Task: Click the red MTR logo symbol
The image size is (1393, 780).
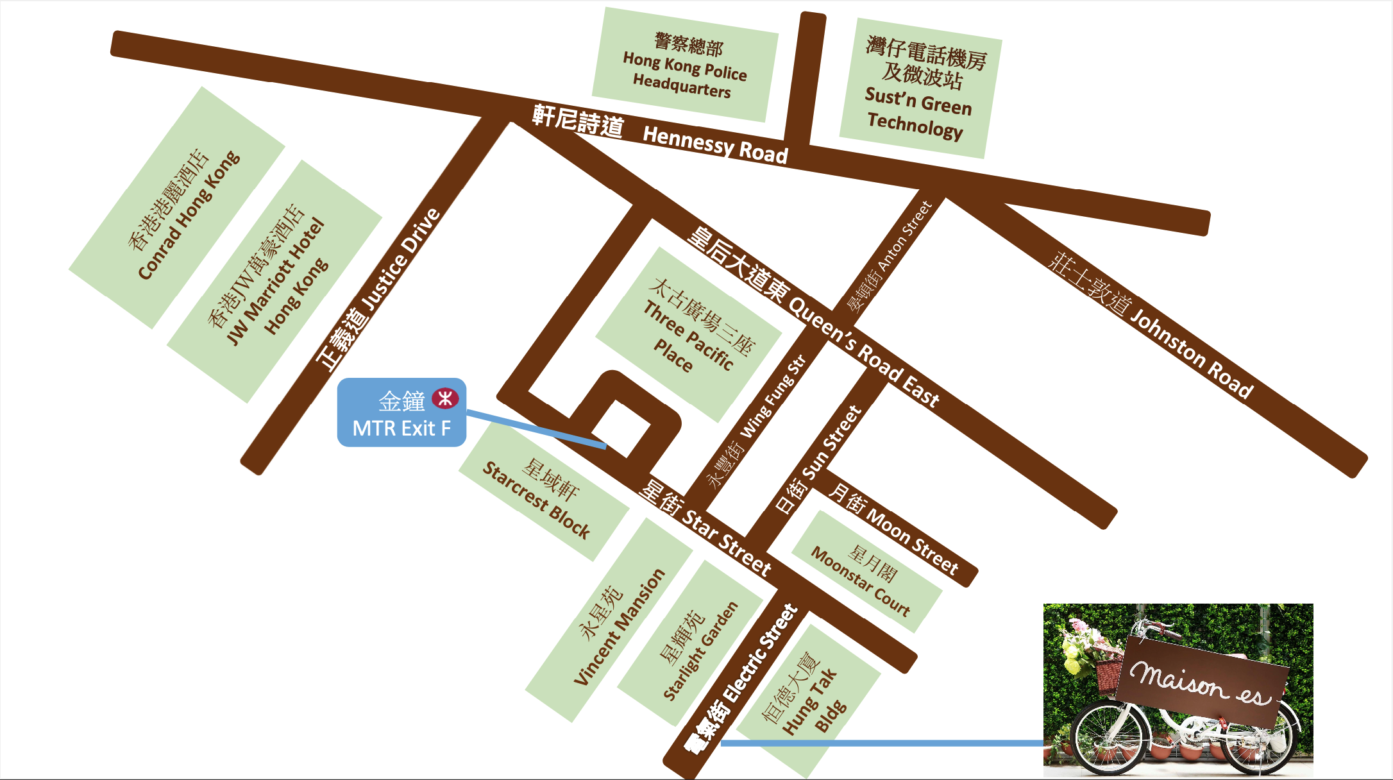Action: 445,398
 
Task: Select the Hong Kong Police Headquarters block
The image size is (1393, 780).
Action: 684,65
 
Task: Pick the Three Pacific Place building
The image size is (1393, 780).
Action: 690,334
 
